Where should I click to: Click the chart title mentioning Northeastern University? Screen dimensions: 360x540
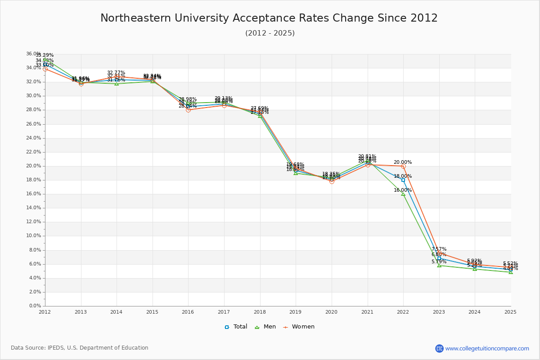269,18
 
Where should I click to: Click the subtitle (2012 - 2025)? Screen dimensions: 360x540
270,33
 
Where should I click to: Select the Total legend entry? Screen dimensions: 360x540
236,327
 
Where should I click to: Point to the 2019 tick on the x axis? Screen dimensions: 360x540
296,311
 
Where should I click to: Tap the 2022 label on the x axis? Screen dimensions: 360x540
403,311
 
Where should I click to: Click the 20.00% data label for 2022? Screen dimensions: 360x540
403,162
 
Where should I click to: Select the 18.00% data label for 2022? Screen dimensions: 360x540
403,176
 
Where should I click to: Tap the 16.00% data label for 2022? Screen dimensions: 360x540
403,190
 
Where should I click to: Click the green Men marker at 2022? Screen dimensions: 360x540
403,193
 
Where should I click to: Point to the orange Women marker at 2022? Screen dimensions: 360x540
403,166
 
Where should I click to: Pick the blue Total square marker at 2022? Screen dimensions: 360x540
403,180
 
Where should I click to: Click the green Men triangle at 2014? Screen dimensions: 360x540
117,84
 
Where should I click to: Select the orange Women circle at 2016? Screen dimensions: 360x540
188,110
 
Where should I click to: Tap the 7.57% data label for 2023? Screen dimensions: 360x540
439,249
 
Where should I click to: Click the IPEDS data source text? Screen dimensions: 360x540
80,348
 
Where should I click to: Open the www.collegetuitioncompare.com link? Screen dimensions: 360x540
487,348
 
